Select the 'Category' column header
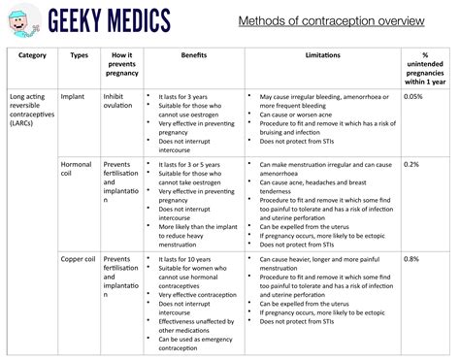(32, 55)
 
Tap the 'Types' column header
(80, 55)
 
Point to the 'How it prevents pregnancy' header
(121, 64)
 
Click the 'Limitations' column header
(322, 55)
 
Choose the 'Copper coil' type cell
(77, 259)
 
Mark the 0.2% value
(411, 164)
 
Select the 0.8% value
(411, 259)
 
